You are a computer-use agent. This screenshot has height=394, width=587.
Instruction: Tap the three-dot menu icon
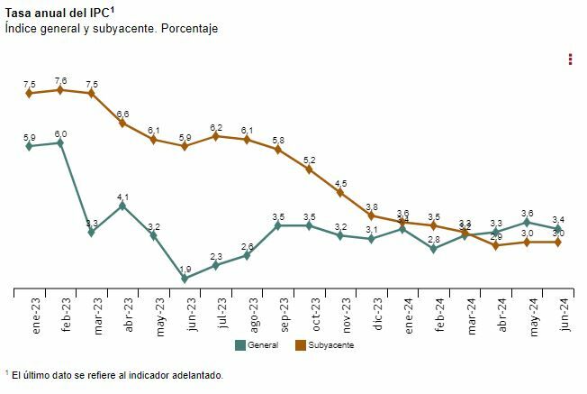571,60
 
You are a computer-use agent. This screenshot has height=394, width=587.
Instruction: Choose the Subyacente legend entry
324,345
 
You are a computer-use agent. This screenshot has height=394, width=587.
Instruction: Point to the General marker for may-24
527,222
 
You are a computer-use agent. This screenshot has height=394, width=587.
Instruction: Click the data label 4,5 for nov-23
340,183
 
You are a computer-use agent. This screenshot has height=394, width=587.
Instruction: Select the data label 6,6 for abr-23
122,114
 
